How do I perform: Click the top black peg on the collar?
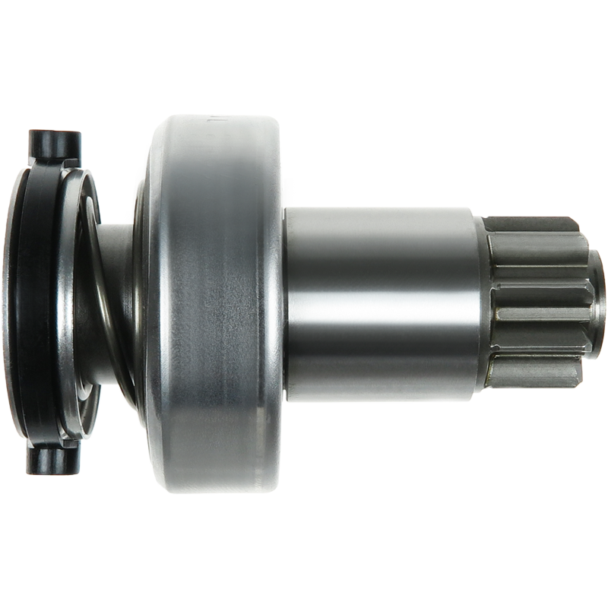(54, 144)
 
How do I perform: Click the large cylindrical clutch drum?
(220, 304)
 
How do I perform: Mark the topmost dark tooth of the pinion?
(532, 226)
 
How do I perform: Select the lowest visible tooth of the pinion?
(532, 372)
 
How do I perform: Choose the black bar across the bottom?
(304, 513)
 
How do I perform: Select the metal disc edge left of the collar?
(9, 304)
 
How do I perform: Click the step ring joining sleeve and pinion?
(481, 304)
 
